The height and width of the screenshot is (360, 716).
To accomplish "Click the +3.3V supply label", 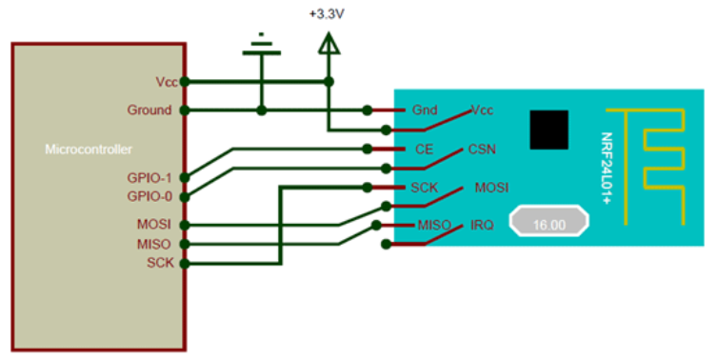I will (327, 15).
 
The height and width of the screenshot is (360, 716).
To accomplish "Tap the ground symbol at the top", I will (260, 47).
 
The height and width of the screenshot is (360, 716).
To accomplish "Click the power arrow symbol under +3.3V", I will (328, 45).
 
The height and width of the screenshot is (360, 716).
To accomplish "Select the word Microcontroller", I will (89, 150).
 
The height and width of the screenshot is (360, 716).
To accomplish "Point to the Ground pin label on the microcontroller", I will (149, 110).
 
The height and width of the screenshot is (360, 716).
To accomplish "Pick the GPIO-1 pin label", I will (149, 177).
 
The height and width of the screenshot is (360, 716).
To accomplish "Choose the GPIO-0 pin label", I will (149, 196).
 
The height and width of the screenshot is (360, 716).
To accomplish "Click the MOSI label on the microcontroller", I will (154, 225).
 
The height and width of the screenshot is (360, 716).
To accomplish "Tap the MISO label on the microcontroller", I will (154, 244).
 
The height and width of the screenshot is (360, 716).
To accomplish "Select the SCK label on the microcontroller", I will (159, 262).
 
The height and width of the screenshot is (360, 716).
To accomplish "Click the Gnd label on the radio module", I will (424, 110).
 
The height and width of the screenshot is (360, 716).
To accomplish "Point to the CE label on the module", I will (425, 150).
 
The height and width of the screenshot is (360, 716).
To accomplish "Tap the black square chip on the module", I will (548, 129).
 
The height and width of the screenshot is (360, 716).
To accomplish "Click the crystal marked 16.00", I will (550, 225).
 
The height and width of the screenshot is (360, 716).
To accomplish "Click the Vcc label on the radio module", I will (483, 110).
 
